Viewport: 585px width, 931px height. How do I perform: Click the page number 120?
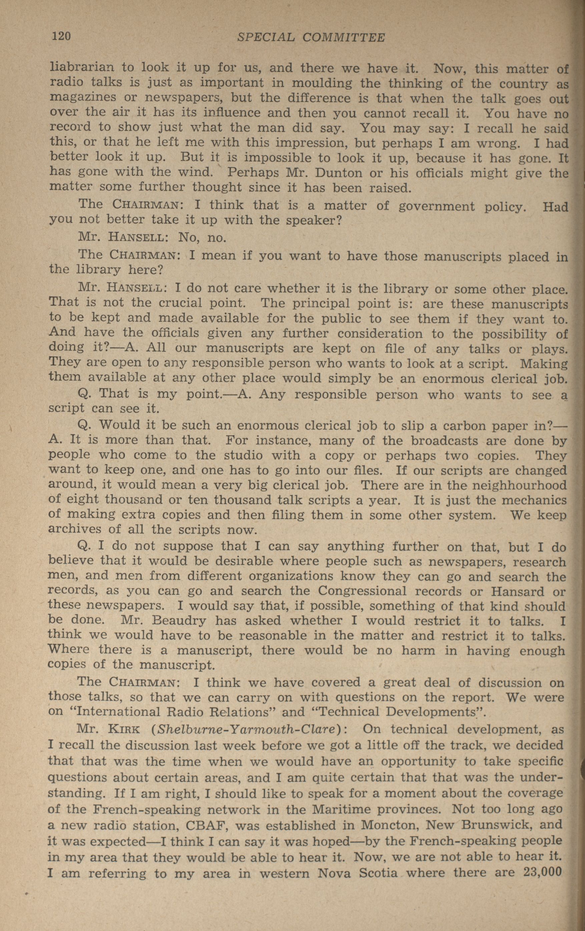coord(61,36)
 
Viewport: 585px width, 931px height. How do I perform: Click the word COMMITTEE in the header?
coord(344,37)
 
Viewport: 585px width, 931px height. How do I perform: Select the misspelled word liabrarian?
coord(82,68)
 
